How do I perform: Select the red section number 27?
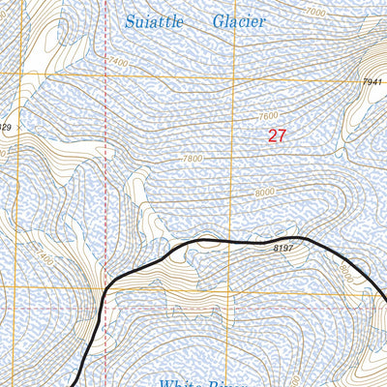click(x=277, y=136)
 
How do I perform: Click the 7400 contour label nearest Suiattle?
click(x=117, y=62)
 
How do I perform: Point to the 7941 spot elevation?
click(x=372, y=82)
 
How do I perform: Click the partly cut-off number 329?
click(x=6, y=127)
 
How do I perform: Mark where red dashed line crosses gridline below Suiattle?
click(x=104, y=74)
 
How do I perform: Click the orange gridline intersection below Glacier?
click(x=234, y=74)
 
